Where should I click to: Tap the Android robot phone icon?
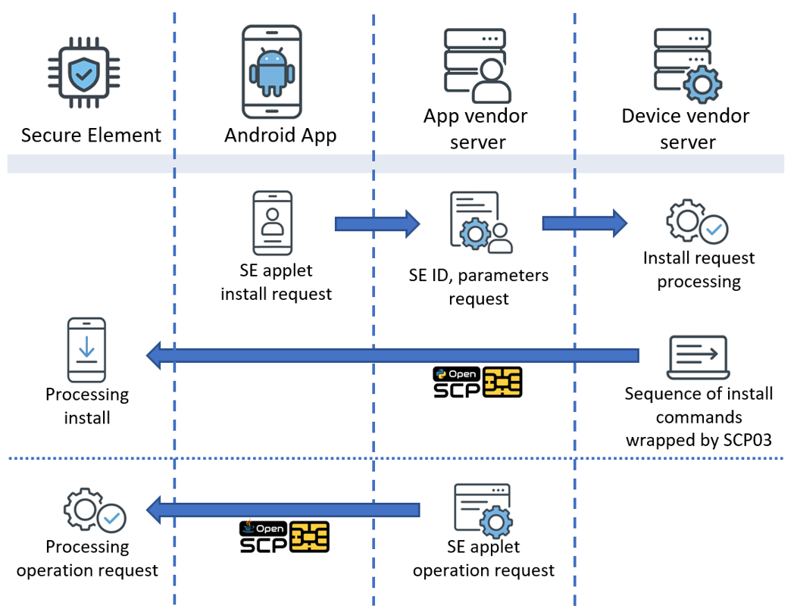point(270,71)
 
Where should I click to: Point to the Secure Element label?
point(91,136)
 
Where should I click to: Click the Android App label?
point(280,136)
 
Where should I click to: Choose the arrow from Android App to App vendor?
point(377,223)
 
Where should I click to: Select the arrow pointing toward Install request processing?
point(584,223)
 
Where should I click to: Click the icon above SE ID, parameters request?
point(480,222)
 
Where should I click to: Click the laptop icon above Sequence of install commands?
point(698,357)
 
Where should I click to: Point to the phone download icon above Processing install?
point(86,350)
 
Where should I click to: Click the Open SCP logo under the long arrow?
point(477,383)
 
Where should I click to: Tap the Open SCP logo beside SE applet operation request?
point(284,536)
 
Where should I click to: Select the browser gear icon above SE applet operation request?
point(483,510)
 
